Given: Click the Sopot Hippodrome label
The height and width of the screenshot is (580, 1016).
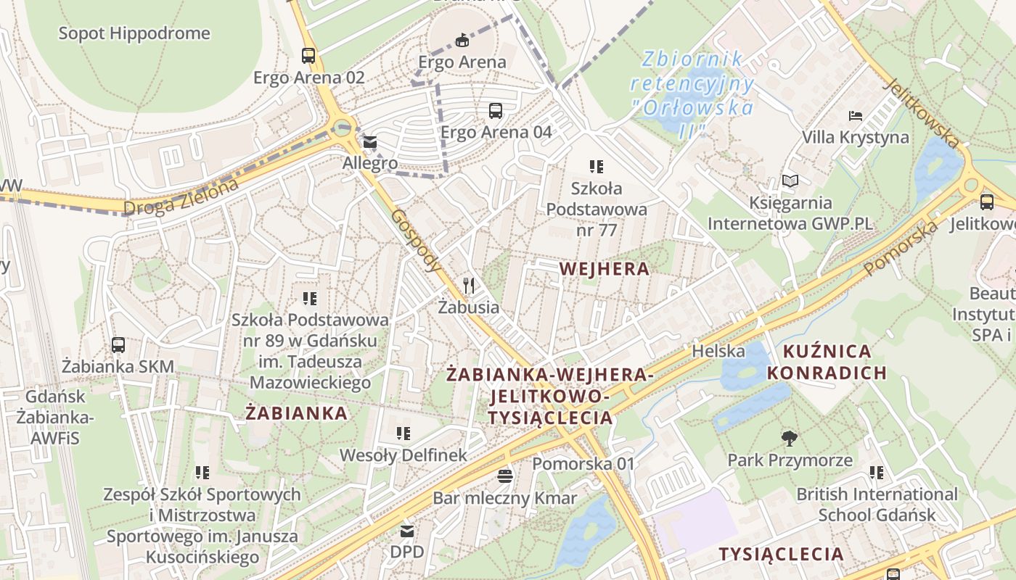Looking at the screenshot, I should (x=134, y=33).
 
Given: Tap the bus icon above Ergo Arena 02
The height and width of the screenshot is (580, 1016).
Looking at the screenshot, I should (x=308, y=55).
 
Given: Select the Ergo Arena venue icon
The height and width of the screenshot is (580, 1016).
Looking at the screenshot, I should (x=462, y=39).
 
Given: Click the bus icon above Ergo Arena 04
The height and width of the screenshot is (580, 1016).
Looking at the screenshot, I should (x=496, y=110).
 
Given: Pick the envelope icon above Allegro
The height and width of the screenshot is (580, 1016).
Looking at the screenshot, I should (x=370, y=141).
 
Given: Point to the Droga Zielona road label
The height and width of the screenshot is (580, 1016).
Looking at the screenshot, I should (x=181, y=197).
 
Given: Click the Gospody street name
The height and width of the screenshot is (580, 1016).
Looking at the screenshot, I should (x=416, y=241).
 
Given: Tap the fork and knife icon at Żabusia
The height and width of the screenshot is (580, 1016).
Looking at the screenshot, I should (x=469, y=285).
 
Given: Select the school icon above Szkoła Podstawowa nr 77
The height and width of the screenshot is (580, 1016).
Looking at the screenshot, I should (x=597, y=167).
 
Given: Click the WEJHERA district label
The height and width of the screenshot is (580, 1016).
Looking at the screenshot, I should (x=604, y=269).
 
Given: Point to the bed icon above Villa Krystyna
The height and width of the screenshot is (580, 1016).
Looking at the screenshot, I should (x=856, y=115).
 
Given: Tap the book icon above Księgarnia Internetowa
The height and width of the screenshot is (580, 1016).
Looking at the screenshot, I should (x=790, y=181).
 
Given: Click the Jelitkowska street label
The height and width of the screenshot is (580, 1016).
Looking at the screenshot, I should (x=922, y=112).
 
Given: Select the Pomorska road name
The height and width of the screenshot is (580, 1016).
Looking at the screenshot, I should (x=901, y=249).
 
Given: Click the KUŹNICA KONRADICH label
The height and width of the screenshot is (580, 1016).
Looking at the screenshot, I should (x=827, y=362).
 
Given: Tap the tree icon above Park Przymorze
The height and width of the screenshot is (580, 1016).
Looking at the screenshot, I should (x=790, y=438).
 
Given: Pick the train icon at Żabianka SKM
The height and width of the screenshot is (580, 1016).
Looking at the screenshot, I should (x=118, y=344).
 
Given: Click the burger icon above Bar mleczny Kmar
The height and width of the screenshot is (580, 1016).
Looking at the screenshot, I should (x=505, y=476).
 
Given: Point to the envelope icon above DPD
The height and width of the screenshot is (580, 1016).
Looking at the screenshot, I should (x=406, y=531).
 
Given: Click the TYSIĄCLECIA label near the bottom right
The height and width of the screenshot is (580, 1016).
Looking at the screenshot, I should (x=781, y=555).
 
